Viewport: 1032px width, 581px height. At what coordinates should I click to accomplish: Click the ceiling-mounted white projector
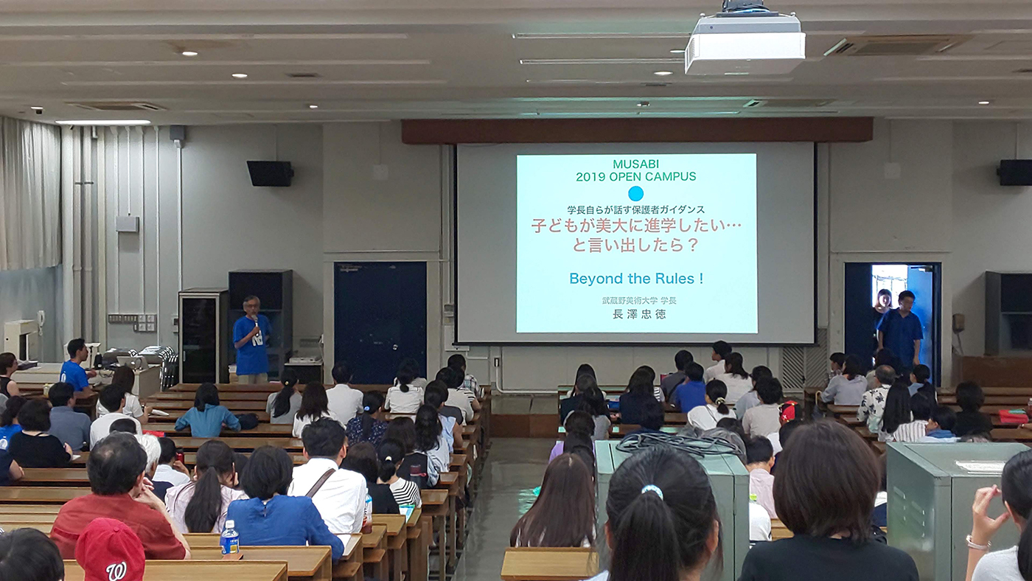[x=745, y=41]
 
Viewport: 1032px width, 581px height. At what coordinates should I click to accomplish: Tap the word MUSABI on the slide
[x=635, y=164]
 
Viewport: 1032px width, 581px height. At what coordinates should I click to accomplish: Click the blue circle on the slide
[x=635, y=193]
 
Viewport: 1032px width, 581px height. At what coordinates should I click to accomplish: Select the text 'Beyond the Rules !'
[x=636, y=278]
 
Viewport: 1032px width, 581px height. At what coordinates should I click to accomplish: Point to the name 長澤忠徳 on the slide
[x=639, y=314]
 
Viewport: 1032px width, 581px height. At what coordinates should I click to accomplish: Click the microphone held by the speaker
[x=255, y=321]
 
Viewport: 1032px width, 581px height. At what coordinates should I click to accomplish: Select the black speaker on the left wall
[x=270, y=173]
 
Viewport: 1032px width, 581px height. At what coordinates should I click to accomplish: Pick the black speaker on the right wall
[x=1014, y=173]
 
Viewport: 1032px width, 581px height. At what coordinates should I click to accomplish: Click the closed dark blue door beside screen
[x=380, y=321]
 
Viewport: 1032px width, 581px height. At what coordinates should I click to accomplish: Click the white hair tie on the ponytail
[x=652, y=491]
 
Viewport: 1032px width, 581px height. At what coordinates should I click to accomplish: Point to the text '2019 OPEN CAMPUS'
[x=635, y=176]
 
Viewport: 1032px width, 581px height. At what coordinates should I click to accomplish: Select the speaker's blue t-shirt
[x=251, y=344]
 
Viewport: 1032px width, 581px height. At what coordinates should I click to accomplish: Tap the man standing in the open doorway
[x=900, y=328]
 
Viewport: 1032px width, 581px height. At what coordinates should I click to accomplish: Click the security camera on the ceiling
[x=38, y=111]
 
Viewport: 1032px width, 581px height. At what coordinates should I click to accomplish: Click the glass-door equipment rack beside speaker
[x=203, y=336]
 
